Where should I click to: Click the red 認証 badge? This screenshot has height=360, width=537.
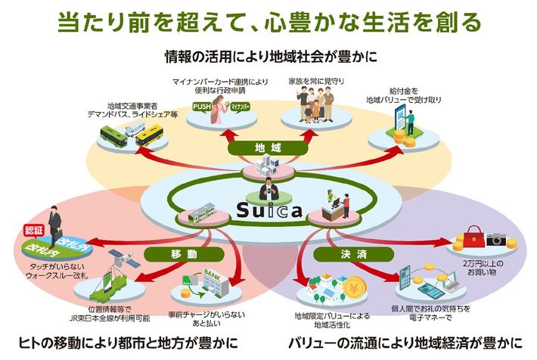(36, 229)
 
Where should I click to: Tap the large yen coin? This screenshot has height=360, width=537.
(354, 290)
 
